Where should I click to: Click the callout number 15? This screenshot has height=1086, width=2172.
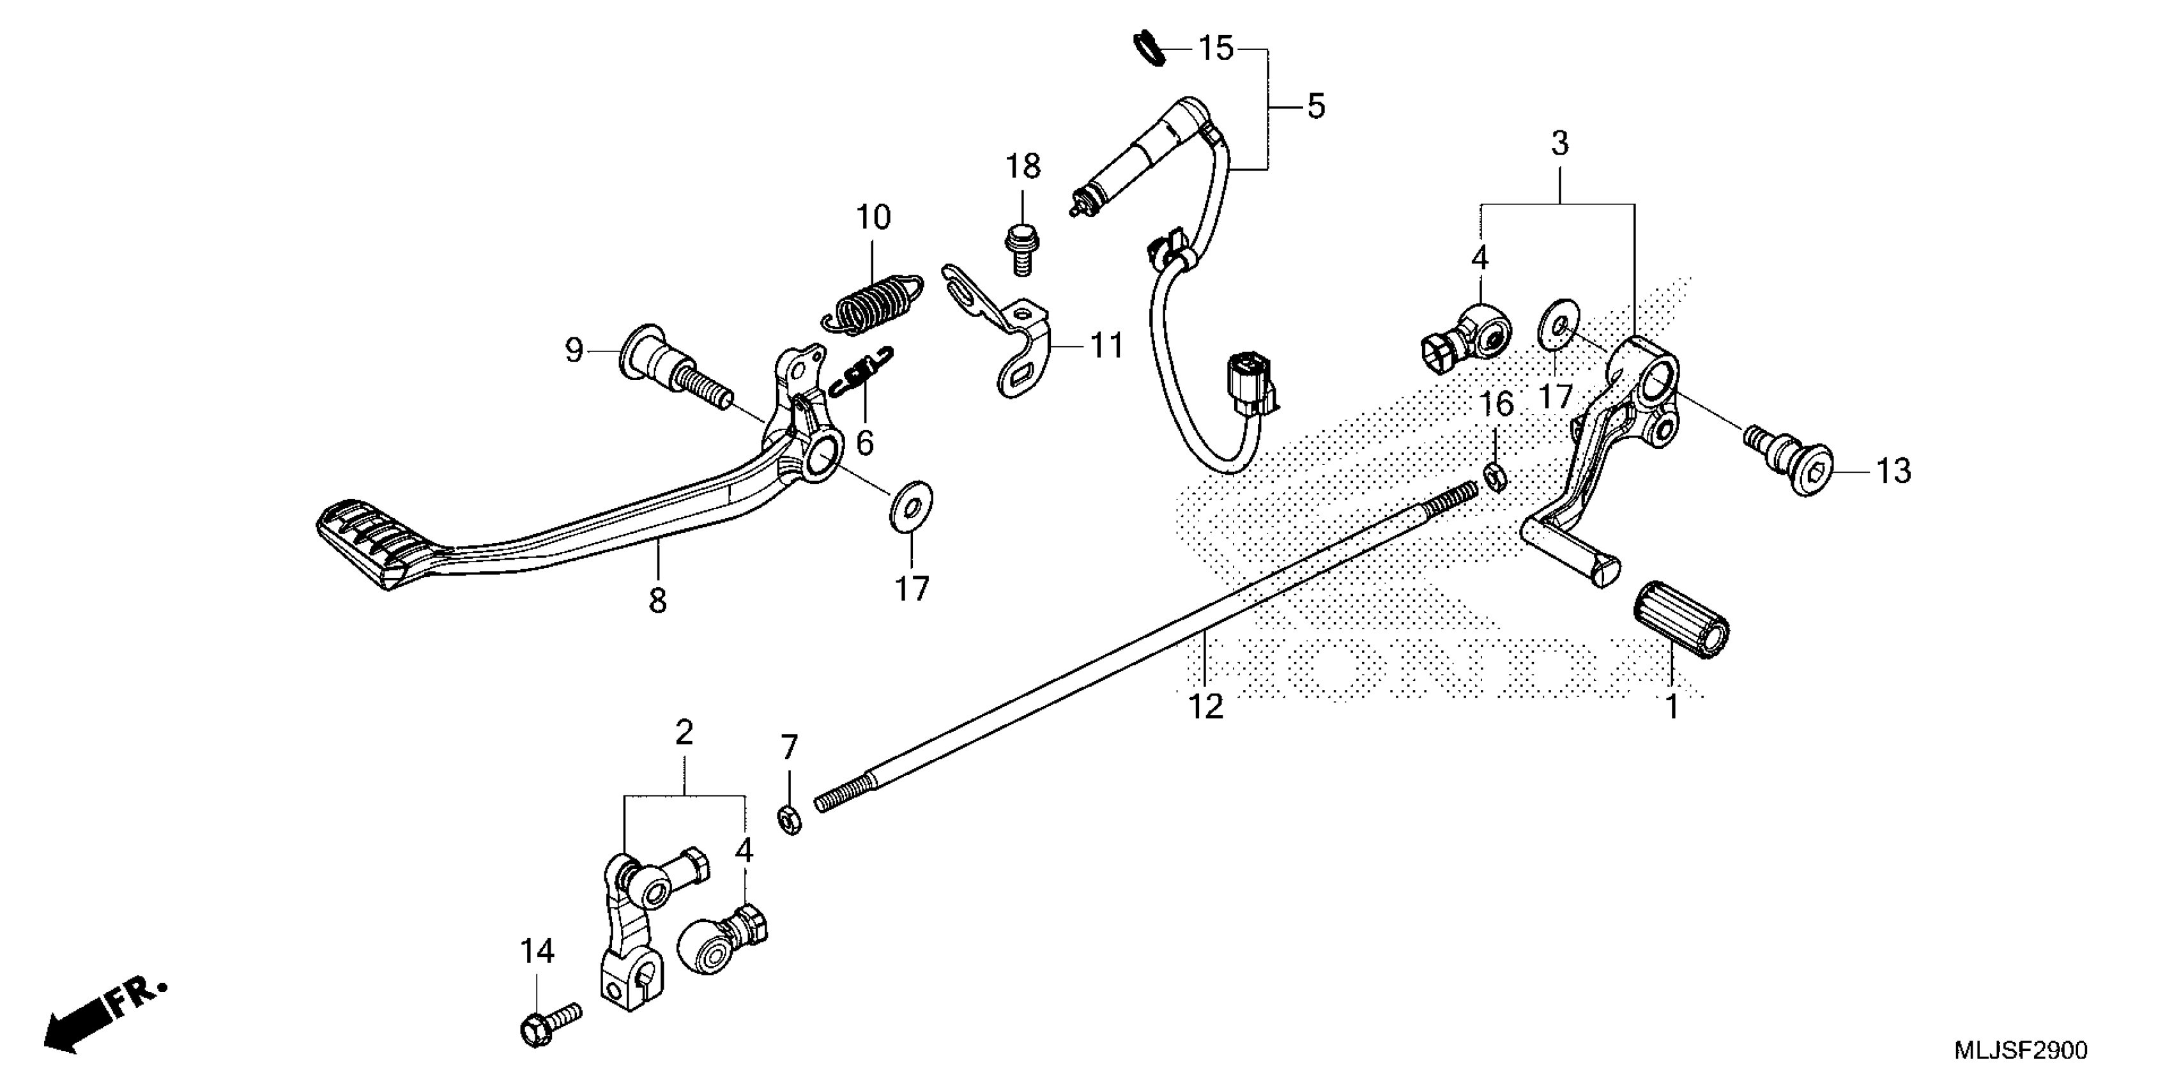1216,49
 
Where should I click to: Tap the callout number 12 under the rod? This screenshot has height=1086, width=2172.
1205,707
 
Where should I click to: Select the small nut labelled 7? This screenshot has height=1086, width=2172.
789,820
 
